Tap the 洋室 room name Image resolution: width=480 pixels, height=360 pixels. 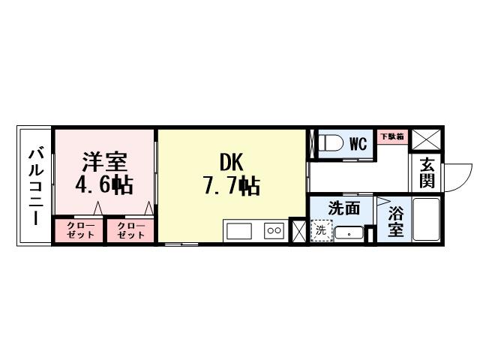click(104, 162)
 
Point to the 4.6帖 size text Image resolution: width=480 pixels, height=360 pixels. click(103, 185)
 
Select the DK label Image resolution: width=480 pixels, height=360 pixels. click(230, 162)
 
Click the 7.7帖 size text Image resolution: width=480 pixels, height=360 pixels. click(231, 186)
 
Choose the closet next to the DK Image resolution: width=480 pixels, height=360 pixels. click(130, 229)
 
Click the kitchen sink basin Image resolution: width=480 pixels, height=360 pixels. click(242, 231)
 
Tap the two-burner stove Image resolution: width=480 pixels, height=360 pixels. click(274, 231)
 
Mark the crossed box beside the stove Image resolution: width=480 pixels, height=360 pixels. click(298, 231)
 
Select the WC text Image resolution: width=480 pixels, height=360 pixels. click(358, 143)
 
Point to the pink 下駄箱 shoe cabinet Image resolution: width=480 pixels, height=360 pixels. click(391, 137)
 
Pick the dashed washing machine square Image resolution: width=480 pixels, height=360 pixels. click(321, 230)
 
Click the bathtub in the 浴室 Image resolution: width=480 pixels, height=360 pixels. click(426, 220)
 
